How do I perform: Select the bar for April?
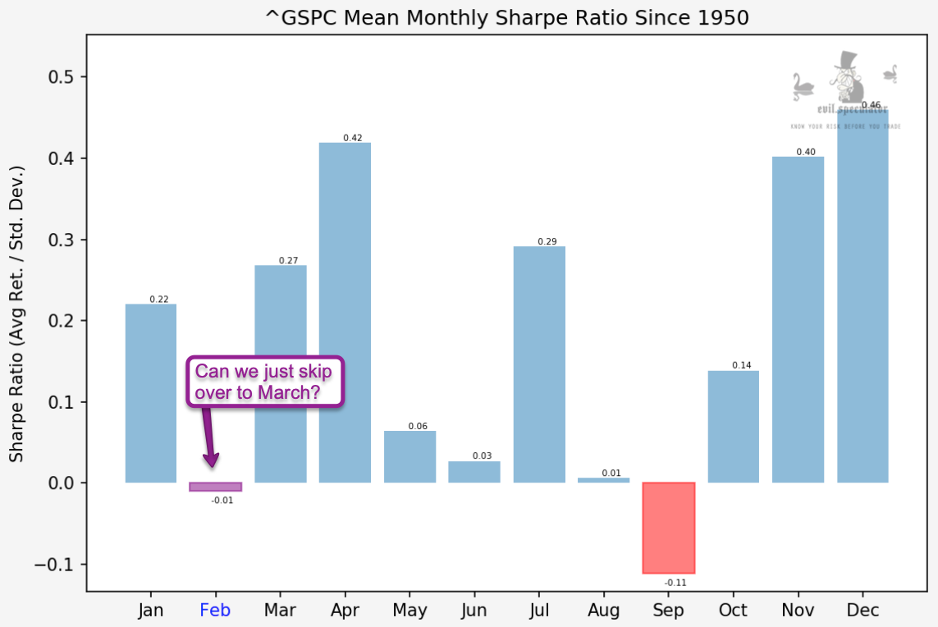(x=345, y=312)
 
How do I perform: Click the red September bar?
(x=668, y=528)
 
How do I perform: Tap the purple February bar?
(x=215, y=487)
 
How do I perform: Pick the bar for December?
(x=863, y=295)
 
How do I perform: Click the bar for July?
(x=539, y=364)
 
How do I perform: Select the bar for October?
(x=733, y=427)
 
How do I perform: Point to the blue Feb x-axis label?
(x=215, y=611)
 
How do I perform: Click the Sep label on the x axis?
(x=668, y=611)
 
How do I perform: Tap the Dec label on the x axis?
(x=863, y=611)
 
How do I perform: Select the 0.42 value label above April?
(x=352, y=138)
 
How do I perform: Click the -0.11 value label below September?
(x=675, y=583)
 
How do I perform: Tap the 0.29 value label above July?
(x=547, y=241)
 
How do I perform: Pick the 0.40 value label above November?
(x=805, y=152)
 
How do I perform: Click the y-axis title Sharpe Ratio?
(x=17, y=313)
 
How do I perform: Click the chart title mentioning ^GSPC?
(x=507, y=17)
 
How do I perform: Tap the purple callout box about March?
(x=264, y=382)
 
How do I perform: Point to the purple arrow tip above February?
(x=212, y=464)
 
